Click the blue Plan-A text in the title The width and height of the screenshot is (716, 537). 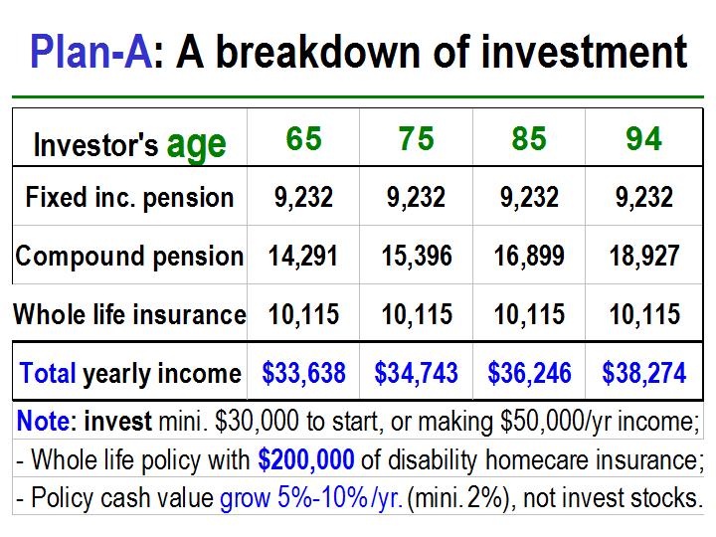pos(91,51)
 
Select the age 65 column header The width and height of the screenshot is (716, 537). pos(304,138)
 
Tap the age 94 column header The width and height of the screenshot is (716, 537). pos(643,138)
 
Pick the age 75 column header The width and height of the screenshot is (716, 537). pos(416,138)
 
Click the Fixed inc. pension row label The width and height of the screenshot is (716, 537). pos(129,198)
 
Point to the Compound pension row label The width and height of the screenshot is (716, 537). pos(129,256)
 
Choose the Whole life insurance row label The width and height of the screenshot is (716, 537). pos(129,314)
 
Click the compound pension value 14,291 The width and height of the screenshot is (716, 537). pos(303,256)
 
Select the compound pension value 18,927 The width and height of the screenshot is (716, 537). pos(644,256)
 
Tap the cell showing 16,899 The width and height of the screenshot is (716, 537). pos(529,256)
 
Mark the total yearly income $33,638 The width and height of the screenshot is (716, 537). pos(303,373)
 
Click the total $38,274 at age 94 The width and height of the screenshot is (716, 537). pos(644,373)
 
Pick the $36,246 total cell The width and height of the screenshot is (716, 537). pos(529,373)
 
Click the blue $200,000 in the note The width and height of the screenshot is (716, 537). pos(306,459)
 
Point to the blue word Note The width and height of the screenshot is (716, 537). pos(44,421)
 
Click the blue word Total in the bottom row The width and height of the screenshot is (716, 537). pos(48,373)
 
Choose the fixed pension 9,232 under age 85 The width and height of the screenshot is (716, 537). pos(529,197)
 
